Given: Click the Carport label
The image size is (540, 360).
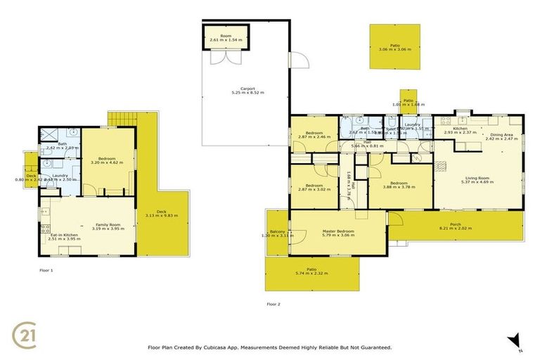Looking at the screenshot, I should pyautogui.click(x=243, y=89).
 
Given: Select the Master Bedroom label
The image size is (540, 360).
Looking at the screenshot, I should pyautogui.click(x=338, y=231).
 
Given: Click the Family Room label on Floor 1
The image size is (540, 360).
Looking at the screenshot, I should pyautogui.click(x=108, y=224).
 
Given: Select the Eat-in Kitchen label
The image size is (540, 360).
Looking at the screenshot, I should pyautogui.click(x=64, y=234).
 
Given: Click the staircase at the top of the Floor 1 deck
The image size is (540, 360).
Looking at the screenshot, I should pyautogui.click(x=121, y=118).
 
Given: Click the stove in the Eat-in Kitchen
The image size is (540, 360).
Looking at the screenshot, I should pyautogui.click(x=45, y=208).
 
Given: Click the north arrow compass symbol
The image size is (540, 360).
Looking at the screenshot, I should pyautogui.click(x=515, y=341).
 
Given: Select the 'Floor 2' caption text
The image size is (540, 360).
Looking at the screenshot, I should pyautogui.click(x=274, y=304).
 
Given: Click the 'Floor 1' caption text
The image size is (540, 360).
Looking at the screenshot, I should pyautogui.click(x=46, y=269).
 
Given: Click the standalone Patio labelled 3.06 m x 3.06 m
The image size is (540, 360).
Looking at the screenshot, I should pyautogui.click(x=394, y=46).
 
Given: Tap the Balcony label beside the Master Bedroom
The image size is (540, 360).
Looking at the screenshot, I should pyautogui.click(x=277, y=231).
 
